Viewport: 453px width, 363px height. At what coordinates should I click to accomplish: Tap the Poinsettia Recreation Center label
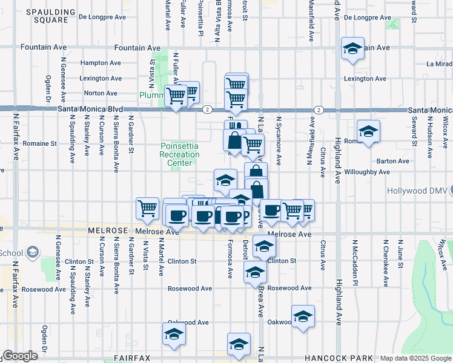[180, 155]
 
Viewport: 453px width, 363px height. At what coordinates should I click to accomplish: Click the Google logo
[20, 356]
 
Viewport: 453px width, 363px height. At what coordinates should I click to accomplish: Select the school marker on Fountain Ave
[352, 48]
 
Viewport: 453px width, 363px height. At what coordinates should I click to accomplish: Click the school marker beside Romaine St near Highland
[368, 131]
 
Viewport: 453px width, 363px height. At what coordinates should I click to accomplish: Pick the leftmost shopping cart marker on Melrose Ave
[147, 209]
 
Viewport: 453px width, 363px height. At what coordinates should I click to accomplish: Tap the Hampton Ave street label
[101, 62]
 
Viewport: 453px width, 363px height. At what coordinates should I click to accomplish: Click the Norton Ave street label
[101, 93]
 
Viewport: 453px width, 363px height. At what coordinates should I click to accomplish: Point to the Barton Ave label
[393, 161]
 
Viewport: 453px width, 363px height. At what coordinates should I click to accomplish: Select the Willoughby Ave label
[384, 172]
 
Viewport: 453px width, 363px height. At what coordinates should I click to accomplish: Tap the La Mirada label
[439, 63]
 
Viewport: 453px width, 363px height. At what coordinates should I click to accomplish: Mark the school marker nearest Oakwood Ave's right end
[303, 316]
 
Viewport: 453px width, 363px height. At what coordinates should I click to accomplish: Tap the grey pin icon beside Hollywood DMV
[449, 191]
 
